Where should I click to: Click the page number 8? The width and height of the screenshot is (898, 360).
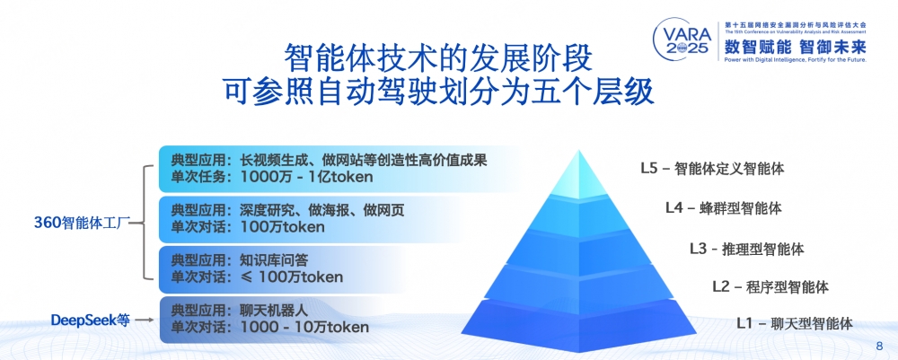click(x=879, y=346)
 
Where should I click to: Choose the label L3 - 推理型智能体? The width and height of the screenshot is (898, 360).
click(x=746, y=248)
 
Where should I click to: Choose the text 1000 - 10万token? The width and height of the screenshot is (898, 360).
click(x=304, y=328)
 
